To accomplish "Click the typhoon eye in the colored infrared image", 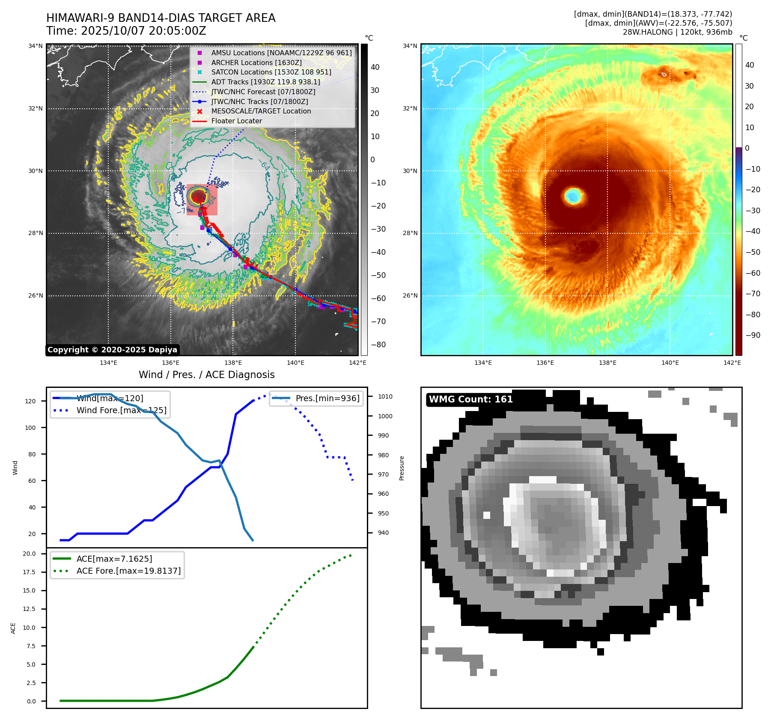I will point(573,196).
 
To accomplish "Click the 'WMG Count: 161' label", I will point(470,399).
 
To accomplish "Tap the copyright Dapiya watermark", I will point(112,350).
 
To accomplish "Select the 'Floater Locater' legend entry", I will point(236,121).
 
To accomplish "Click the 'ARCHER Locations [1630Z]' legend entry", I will point(256,63).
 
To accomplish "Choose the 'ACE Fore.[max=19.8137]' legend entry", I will point(128,571).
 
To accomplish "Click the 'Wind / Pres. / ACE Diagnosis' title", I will point(206,375).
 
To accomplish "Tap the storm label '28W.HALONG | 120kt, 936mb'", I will point(677,32).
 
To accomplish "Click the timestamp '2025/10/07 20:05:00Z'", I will point(143,31).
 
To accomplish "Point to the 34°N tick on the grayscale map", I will point(36,46).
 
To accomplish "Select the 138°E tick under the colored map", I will point(607,363).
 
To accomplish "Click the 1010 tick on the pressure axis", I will point(385,396).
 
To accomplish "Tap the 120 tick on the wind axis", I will point(30,401).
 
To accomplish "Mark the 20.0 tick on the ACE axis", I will point(29,554).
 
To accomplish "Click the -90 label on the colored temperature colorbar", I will point(753,335).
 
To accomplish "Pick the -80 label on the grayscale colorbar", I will point(378,345).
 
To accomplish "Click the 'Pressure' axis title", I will point(402,468).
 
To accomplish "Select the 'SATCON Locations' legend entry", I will point(271,72).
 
